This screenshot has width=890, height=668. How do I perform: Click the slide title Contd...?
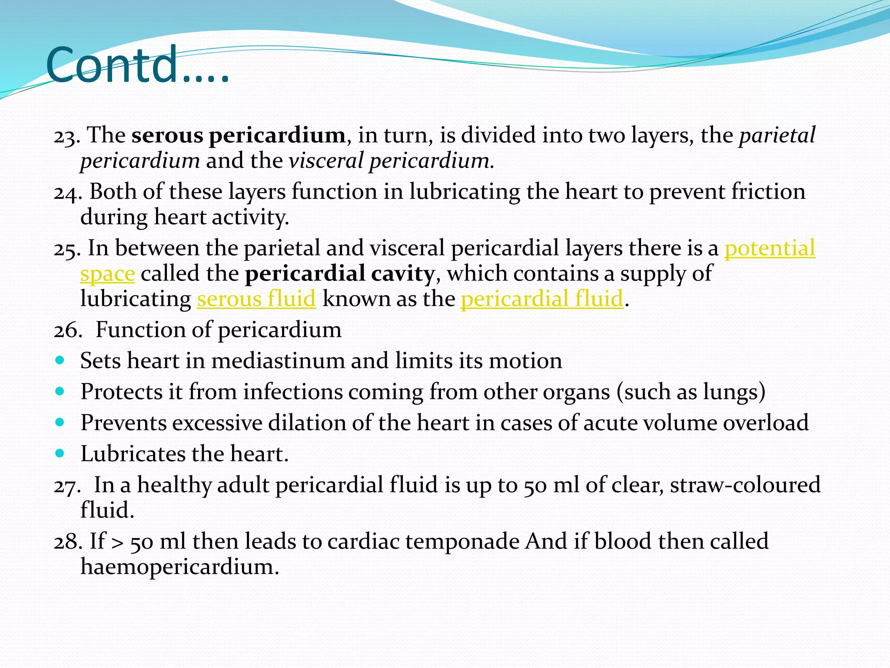137,65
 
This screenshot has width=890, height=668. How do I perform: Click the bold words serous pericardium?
239,135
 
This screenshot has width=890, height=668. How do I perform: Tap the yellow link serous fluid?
256,299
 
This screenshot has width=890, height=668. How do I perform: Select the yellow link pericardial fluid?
542,299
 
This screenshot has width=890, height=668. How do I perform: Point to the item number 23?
66,136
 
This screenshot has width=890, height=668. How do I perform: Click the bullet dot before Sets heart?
60,361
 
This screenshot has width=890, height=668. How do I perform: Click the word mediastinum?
278,361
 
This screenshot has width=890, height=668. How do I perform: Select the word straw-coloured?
745,485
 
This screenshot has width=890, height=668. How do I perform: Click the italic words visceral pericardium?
389,161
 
